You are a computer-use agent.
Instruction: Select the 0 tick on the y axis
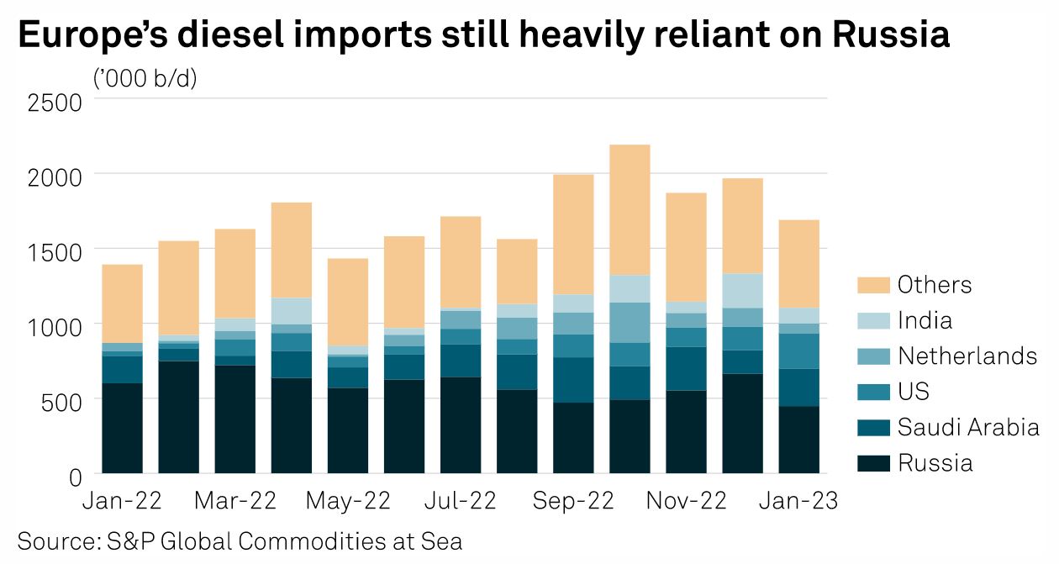[x=74, y=477]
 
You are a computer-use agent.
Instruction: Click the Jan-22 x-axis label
[x=122, y=501]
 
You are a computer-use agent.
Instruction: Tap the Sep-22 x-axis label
[x=573, y=501]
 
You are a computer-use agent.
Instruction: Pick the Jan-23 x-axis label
[x=799, y=501]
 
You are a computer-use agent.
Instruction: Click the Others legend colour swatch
[x=872, y=285]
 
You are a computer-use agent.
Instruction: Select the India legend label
[x=925, y=320]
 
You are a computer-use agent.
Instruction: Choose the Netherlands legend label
[x=967, y=356]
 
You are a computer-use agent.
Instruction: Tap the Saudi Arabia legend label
[x=968, y=427]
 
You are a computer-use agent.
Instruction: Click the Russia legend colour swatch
[x=872, y=463]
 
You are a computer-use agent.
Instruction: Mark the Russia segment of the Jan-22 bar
[x=122, y=429]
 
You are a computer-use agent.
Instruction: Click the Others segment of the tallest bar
[x=630, y=210]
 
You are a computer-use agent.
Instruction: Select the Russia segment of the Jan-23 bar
[x=799, y=440]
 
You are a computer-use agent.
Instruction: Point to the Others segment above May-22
[x=348, y=302]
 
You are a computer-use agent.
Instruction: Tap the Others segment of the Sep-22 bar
[x=573, y=235]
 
